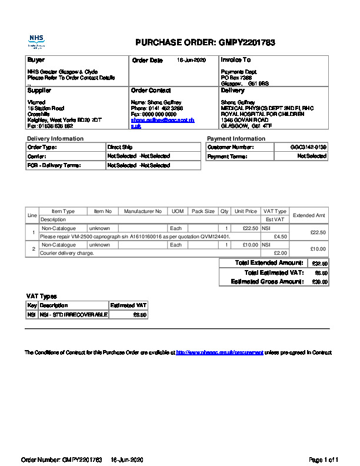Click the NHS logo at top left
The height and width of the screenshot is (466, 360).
click(x=36, y=41)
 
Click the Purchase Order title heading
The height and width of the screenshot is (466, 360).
click(x=205, y=42)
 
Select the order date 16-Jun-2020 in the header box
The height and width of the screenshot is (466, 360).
click(x=191, y=60)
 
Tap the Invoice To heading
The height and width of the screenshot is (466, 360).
click(x=236, y=60)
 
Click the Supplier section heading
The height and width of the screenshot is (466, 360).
click(x=39, y=91)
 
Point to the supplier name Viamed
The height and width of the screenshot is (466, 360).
click(x=36, y=102)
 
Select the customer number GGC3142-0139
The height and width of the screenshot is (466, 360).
click(x=308, y=147)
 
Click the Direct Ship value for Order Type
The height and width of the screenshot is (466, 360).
click(x=120, y=147)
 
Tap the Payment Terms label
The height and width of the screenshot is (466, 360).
click(x=227, y=157)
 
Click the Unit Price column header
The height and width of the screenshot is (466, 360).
click(x=246, y=211)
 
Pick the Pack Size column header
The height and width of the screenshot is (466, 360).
click(x=203, y=211)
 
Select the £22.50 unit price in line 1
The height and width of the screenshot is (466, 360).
click(x=250, y=228)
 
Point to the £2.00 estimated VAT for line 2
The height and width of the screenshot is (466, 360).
click(x=281, y=253)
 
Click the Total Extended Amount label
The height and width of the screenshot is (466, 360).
click(x=269, y=262)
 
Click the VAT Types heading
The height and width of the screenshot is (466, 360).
click(x=42, y=296)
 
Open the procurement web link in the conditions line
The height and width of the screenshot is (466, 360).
click(x=219, y=352)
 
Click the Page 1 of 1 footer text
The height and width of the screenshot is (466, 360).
click(x=324, y=459)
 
